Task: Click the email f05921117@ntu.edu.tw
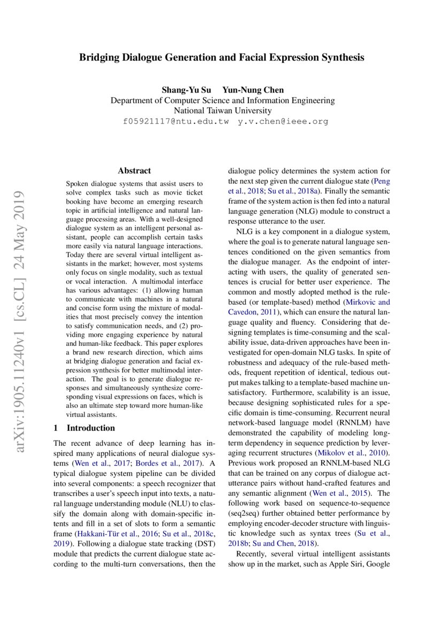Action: [175, 121]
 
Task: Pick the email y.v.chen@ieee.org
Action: [283, 121]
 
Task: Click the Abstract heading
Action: [134, 171]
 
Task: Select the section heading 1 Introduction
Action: [84, 428]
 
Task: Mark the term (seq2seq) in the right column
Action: [244, 514]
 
